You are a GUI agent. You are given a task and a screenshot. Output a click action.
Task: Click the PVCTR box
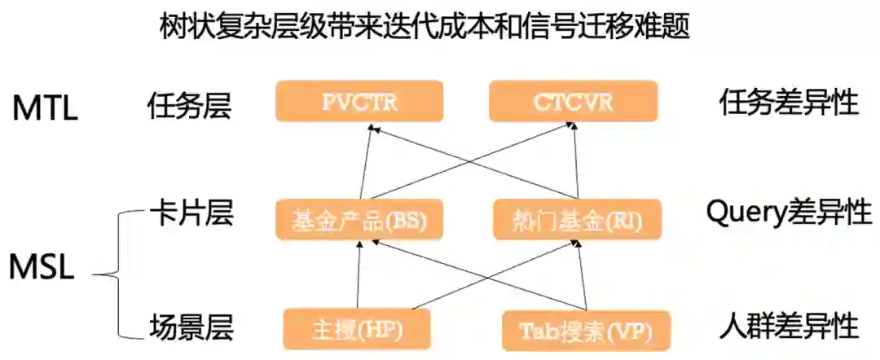[359, 102]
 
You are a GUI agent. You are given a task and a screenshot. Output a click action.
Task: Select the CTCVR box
[573, 102]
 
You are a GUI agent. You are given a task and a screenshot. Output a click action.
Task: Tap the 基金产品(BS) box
[359, 220]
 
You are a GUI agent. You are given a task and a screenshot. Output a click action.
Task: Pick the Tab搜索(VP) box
[587, 331]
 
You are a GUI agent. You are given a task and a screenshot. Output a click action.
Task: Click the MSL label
[42, 267]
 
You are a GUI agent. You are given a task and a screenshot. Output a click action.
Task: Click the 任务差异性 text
[789, 103]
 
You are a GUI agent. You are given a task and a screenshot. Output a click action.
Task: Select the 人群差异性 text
[789, 327]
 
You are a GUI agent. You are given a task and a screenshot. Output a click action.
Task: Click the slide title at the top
[425, 29]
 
